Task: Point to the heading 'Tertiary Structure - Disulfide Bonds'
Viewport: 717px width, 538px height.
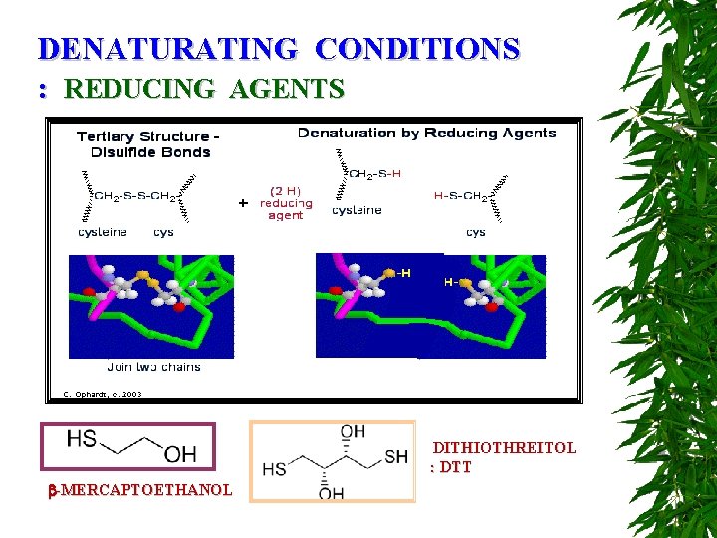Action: click(x=149, y=144)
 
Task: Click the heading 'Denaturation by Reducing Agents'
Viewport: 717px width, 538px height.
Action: click(x=426, y=133)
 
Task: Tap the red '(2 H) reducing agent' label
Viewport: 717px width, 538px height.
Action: click(x=286, y=203)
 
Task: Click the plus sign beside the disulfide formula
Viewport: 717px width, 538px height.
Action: click(x=242, y=203)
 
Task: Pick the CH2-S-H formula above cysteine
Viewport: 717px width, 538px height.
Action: click(x=374, y=174)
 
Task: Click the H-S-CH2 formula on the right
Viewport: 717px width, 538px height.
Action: click(x=460, y=197)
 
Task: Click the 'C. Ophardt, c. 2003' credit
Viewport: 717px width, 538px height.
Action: click(x=103, y=394)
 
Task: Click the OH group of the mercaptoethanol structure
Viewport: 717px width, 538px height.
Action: click(x=180, y=455)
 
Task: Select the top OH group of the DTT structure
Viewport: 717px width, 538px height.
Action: click(x=352, y=431)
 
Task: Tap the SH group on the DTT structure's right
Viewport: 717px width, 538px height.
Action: click(x=395, y=456)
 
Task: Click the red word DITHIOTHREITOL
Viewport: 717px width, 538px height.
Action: click(x=504, y=448)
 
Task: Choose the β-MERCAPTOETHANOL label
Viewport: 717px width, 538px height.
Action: click(x=139, y=490)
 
